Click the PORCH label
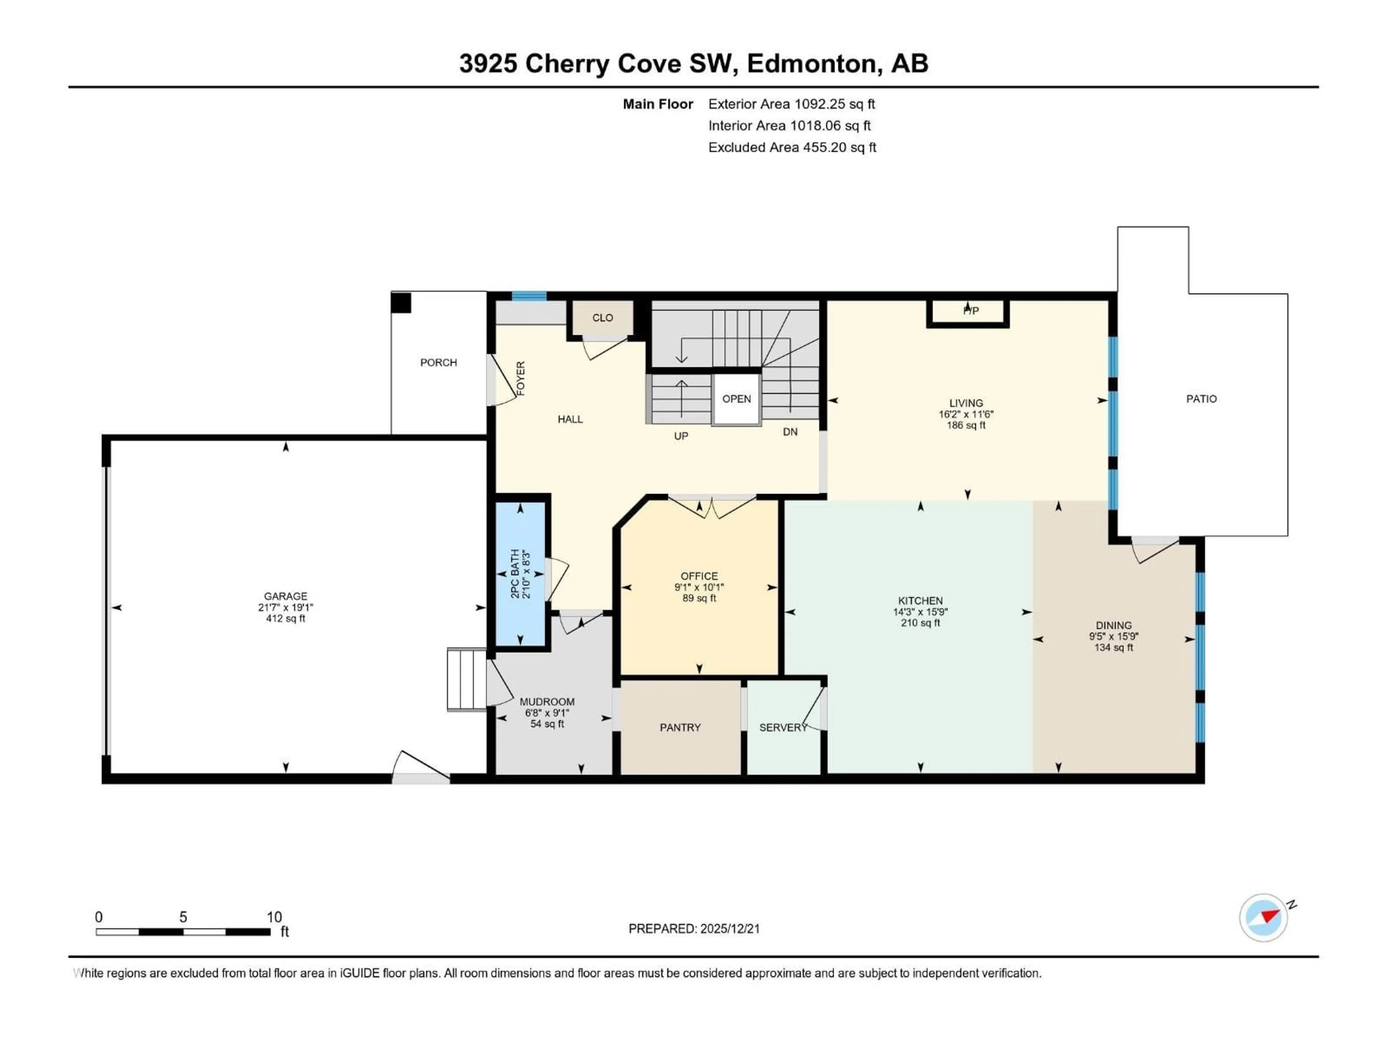click(x=438, y=363)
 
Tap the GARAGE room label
click(x=286, y=596)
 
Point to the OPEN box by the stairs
click(x=736, y=399)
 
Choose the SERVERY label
click(x=783, y=727)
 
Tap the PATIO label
click(x=1201, y=399)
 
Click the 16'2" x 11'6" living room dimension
click(x=966, y=414)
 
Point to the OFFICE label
click(x=699, y=576)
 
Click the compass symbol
click(x=1263, y=917)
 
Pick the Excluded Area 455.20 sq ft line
click(x=792, y=147)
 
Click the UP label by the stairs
click(x=681, y=436)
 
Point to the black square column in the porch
click(x=401, y=303)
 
